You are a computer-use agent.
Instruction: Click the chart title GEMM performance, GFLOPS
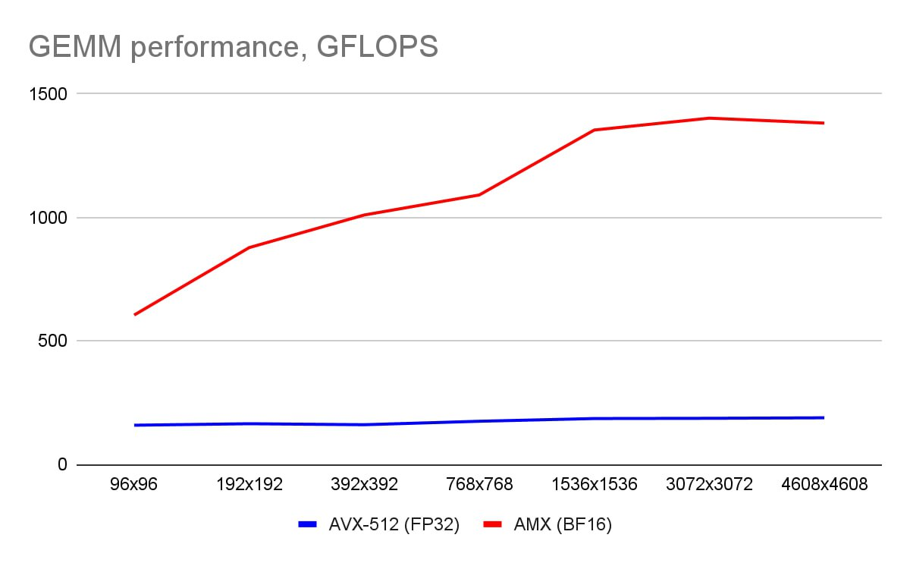233,47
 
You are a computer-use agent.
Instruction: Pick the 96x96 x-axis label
134,485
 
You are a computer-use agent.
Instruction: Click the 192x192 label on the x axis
249,485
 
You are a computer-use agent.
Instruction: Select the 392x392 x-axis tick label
365,485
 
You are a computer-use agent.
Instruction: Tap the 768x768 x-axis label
479,485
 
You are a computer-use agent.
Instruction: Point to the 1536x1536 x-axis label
595,485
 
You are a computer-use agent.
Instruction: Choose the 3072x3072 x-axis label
709,485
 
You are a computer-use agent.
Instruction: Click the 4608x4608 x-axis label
824,485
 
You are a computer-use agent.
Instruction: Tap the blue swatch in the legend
306,524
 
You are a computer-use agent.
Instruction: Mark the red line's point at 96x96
134,314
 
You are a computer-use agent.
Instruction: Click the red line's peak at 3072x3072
709,118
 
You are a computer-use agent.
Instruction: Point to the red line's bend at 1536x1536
595,130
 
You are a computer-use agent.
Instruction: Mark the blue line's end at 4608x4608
824,417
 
